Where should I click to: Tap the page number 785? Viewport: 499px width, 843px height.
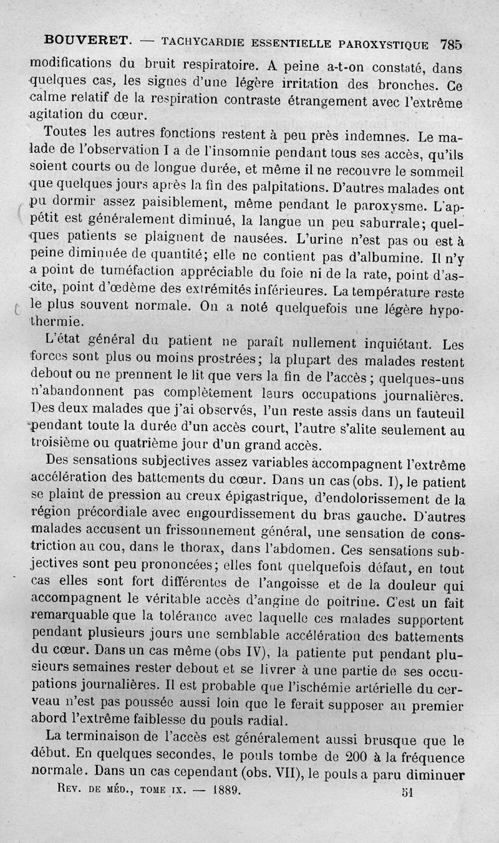tap(450, 44)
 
